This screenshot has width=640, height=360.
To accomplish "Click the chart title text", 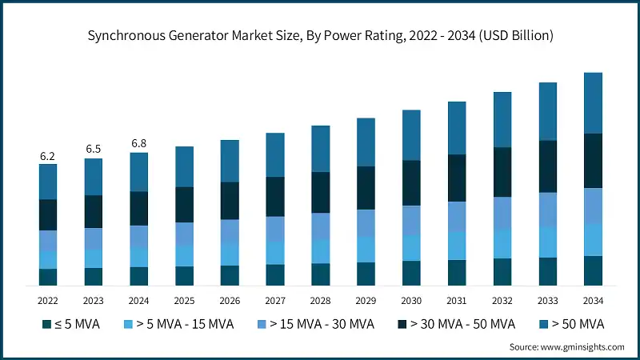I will coord(320,36).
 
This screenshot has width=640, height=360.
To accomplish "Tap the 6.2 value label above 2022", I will coord(48,156).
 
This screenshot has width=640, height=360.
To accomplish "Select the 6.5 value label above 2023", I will coord(94,150).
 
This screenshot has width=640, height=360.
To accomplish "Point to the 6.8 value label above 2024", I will coord(138,144).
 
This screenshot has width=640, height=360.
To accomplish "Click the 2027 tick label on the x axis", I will coord(275,301).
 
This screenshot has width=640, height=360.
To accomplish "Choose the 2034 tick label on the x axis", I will coord(593,301).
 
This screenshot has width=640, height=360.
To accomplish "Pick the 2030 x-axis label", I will coord(411,301).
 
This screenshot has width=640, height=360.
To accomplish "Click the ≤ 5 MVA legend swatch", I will coord(46,324).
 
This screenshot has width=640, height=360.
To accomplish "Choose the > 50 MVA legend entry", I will coord(572,324).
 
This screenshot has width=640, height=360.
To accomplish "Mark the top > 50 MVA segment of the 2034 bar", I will coord(593,102).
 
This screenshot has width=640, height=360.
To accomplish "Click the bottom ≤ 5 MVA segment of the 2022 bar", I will coord(48,277).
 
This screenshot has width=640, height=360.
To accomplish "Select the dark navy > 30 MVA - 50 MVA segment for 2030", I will coord(411,182).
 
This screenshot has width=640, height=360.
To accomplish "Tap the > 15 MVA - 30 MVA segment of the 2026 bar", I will coord(230,230).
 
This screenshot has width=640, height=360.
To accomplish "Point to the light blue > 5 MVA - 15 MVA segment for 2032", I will coord(502,243).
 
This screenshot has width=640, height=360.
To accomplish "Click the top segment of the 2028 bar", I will coord(321,148).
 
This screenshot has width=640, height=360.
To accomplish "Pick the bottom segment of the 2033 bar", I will coord(548,271).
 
